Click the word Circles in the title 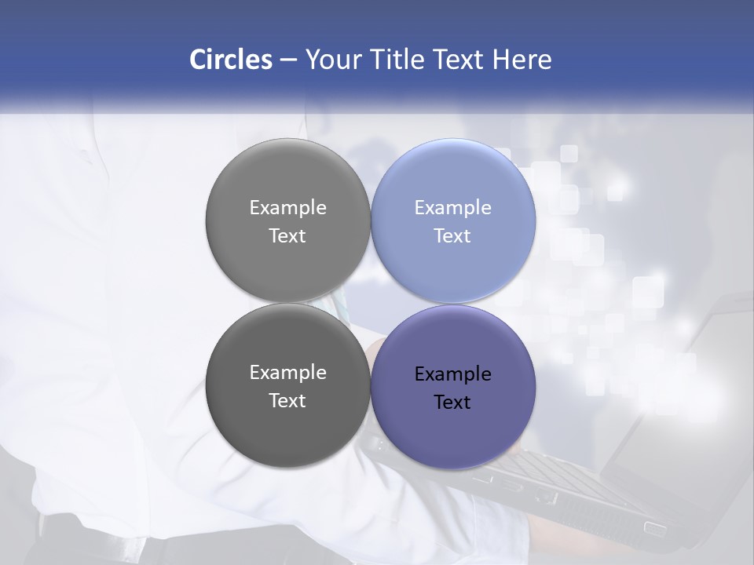(x=230, y=60)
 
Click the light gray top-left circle (x=287, y=180)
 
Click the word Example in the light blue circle (x=453, y=208)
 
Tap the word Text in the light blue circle (x=453, y=235)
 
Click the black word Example (x=453, y=374)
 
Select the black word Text (x=453, y=403)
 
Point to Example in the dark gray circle (x=287, y=373)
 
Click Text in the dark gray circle (x=287, y=400)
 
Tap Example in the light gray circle (x=287, y=208)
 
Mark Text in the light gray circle (x=287, y=235)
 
